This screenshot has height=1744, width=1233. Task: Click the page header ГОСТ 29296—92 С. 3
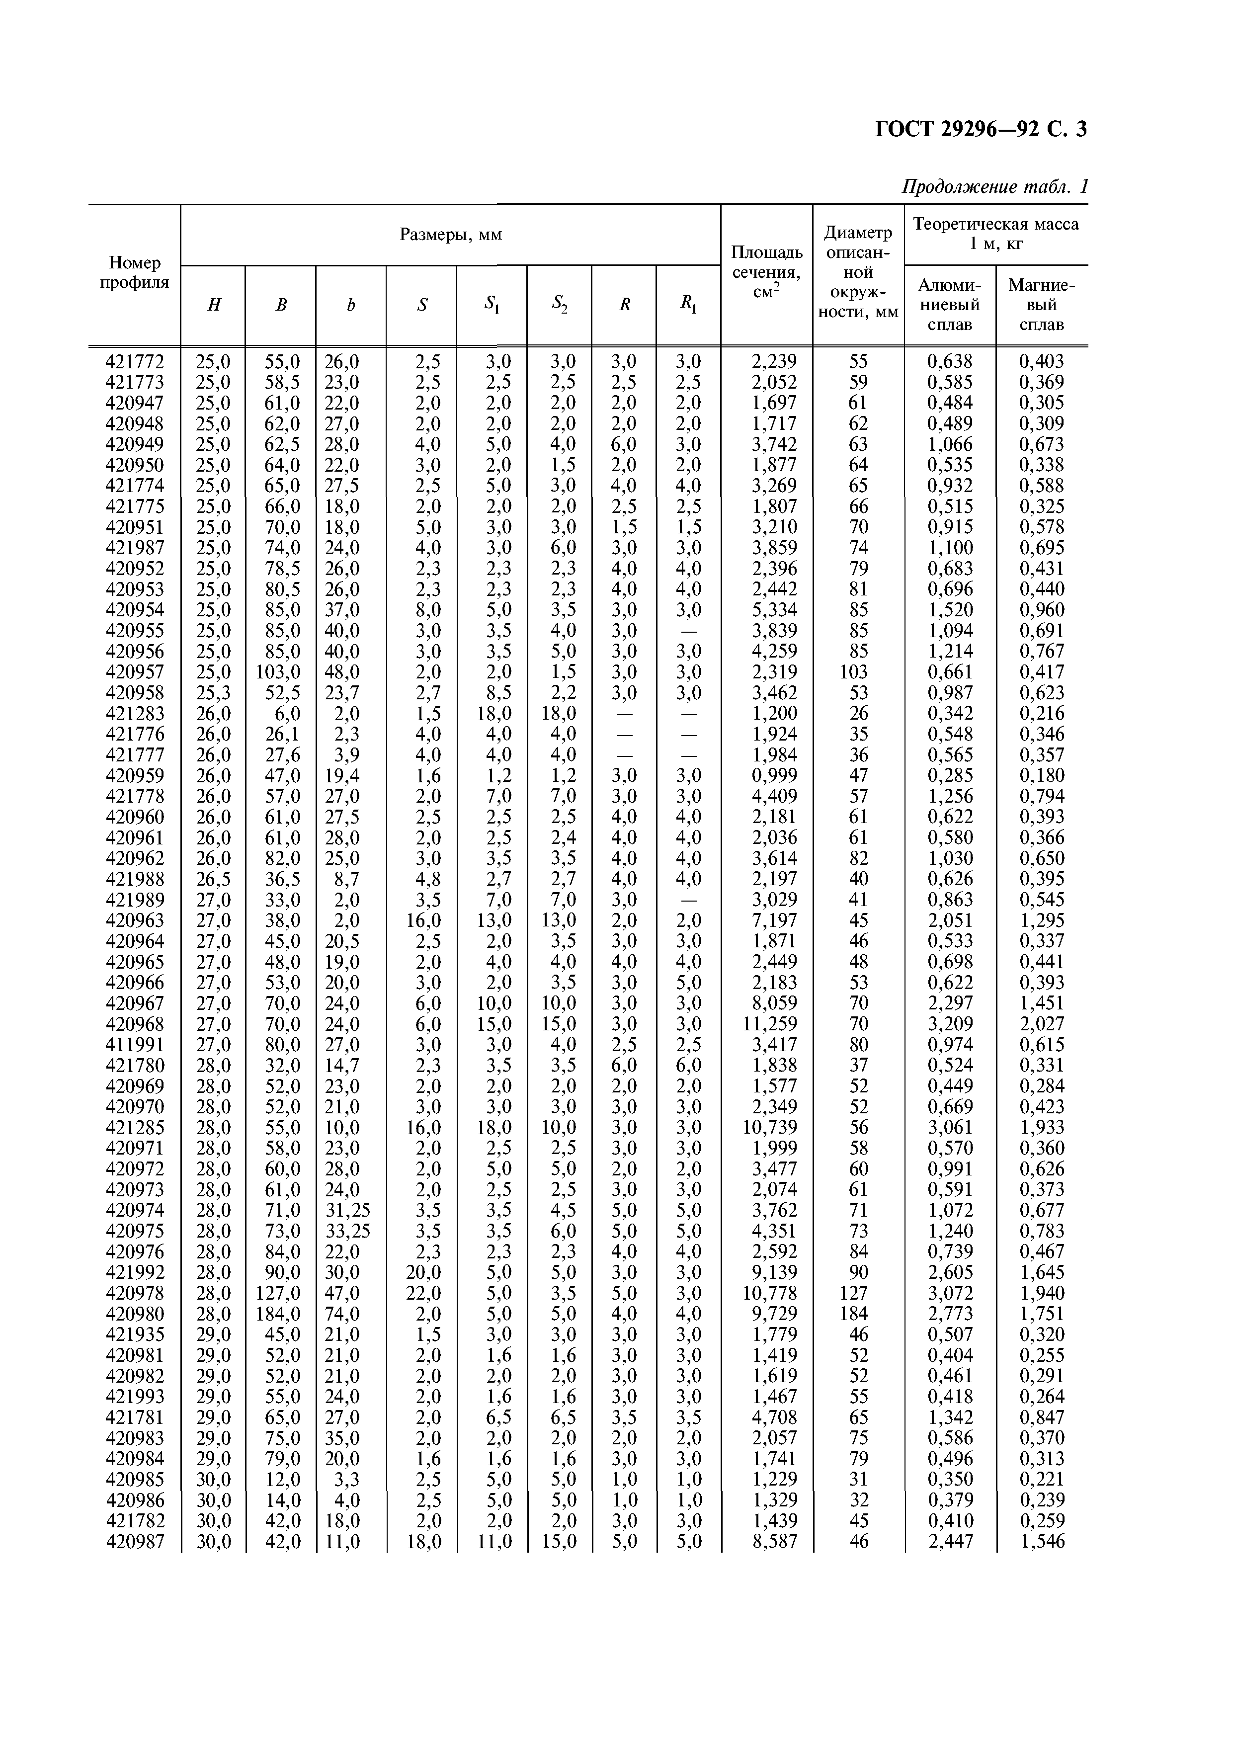point(981,130)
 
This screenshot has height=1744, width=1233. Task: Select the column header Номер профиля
point(135,273)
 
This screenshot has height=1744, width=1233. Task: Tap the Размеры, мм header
point(450,235)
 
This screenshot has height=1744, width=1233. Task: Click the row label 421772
point(135,361)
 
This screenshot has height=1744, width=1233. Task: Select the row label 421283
point(135,713)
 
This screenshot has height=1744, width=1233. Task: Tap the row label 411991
point(135,1044)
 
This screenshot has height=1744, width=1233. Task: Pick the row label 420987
point(135,1541)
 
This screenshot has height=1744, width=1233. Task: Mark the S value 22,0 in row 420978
point(422,1293)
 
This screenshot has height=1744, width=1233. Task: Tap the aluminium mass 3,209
point(950,1024)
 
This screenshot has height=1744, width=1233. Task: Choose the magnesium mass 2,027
point(1042,1024)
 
